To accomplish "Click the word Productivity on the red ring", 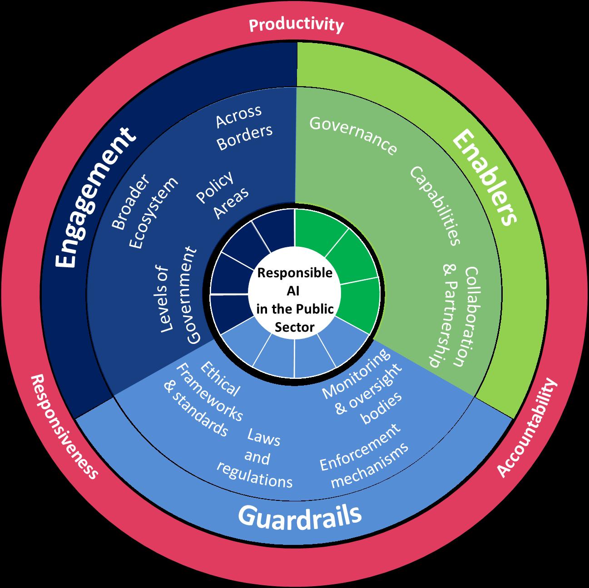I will [x=296, y=25].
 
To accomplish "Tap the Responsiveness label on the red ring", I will [x=64, y=426].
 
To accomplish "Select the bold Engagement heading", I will [x=96, y=197].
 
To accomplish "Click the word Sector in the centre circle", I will [x=295, y=327].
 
